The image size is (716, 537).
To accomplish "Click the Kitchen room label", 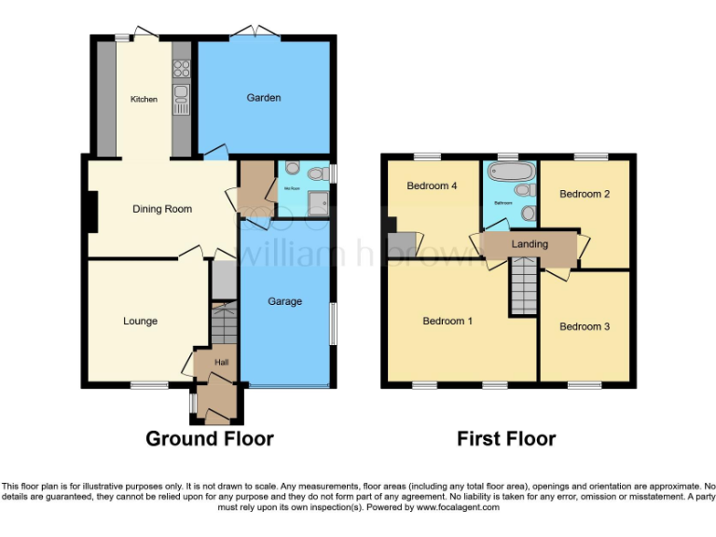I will click(144, 99).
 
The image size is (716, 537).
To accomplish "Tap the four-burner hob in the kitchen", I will click(181, 68).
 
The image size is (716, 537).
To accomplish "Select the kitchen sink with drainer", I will click(180, 99).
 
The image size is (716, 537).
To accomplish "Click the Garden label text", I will click(264, 98).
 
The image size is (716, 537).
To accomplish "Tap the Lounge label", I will click(140, 322).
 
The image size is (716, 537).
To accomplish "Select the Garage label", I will click(285, 302).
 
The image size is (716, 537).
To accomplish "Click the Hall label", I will click(221, 363).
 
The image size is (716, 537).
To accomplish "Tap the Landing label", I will click(530, 244).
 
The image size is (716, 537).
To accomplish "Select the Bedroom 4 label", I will click(432, 186).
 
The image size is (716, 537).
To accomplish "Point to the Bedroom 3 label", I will click(585, 326).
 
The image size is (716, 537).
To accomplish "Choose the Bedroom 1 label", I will click(447, 322).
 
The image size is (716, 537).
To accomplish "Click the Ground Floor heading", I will click(210, 438).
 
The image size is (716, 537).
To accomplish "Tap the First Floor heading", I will click(506, 438).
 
